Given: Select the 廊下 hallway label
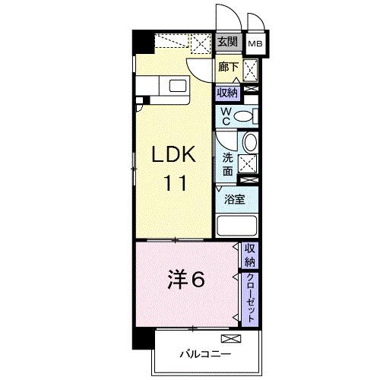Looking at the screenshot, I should [226, 68].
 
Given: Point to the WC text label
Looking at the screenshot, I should [225, 116].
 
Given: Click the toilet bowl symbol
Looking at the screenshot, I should [244, 116].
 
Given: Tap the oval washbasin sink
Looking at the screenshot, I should [250, 144].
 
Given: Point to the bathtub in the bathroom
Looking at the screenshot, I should [238, 226].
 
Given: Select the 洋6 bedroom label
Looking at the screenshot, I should [185, 280].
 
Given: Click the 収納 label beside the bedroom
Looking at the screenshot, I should [250, 255].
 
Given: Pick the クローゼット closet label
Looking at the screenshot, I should [250, 297].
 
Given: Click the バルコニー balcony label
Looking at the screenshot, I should [204, 353].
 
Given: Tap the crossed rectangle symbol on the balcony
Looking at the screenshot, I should [230, 337].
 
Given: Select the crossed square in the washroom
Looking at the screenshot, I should [247, 163].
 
